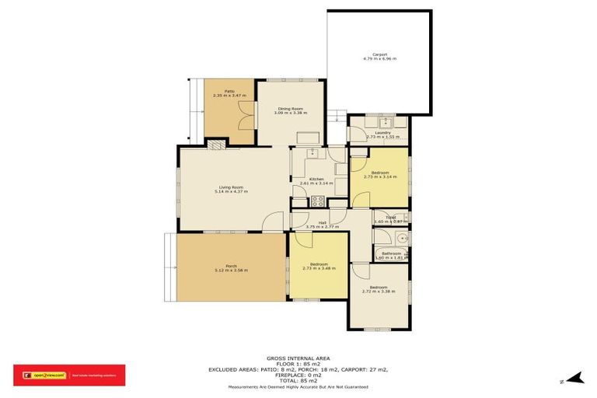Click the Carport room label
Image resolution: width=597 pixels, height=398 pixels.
379,54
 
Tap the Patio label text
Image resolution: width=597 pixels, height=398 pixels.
230,92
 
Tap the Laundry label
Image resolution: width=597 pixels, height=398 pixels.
382,133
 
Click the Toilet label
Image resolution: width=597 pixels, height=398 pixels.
391,218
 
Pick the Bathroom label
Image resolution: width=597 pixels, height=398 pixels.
391,253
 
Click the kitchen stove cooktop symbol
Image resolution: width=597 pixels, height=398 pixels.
318,201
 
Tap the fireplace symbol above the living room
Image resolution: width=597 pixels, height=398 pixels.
215,144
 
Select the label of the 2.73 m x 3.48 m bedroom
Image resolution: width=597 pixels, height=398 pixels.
319,264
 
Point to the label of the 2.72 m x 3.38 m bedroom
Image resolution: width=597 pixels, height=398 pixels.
380,288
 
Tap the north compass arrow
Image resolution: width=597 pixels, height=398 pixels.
574,379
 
